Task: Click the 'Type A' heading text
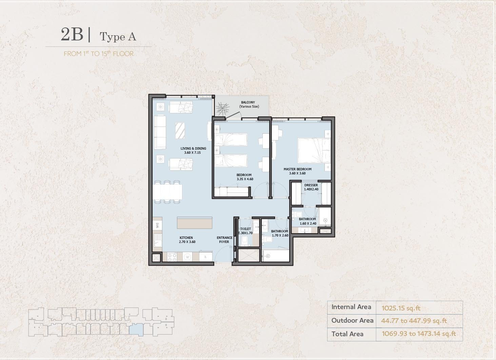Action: (118, 37)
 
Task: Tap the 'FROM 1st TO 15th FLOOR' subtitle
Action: (99, 54)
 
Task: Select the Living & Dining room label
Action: (193, 149)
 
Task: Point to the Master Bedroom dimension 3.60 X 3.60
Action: (297, 173)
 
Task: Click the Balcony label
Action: (248, 102)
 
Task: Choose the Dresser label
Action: (311, 185)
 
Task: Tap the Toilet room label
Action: (245, 229)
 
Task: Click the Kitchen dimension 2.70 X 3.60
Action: (187, 242)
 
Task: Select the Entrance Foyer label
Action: (224, 240)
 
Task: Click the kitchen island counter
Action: (195, 223)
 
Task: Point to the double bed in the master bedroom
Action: (314, 151)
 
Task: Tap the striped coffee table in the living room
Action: (180, 131)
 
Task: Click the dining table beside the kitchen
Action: (167, 192)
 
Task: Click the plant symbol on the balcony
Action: (223, 109)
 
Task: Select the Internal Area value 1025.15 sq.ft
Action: (401, 308)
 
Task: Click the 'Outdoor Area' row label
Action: (352, 321)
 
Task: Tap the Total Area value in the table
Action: (419, 334)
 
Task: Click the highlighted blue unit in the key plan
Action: (136, 329)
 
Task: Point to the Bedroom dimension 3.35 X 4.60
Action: (245, 179)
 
